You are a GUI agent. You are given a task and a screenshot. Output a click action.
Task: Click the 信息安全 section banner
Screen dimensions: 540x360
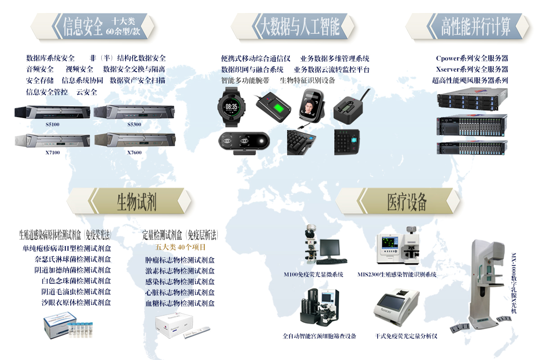tap(93, 26)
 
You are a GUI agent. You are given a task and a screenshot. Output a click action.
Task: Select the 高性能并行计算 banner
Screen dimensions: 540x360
tap(468, 26)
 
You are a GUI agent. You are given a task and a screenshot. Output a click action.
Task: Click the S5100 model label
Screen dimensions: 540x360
tap(53, 124)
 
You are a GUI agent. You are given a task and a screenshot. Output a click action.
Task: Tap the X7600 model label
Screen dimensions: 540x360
tap(134, 153)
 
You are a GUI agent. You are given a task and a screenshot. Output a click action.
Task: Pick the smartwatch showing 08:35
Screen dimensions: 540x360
tap(231, 107)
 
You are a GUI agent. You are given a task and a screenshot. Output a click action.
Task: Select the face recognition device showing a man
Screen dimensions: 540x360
tap(311, 106)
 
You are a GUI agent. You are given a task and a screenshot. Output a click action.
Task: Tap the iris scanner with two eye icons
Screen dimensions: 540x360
tap(244, 143)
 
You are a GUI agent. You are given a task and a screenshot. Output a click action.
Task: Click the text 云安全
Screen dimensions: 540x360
tap(86, 92)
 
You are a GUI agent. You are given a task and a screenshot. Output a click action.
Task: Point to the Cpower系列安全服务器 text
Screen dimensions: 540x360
tap(472, 58)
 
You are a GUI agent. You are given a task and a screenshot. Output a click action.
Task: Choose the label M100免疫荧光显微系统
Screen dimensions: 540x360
tap(313, 274)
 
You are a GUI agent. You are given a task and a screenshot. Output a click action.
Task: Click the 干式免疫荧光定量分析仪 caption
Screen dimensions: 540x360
tap(406, 336)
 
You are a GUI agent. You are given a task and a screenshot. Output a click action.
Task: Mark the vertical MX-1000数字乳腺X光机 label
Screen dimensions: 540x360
tap(514, 283)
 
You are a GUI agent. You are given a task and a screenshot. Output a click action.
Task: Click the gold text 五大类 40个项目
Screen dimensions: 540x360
tap(180, 247)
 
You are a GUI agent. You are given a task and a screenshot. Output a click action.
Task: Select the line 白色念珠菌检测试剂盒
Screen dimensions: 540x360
tap(76, 281)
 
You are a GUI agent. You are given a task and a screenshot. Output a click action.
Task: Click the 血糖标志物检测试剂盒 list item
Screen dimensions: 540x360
tap(180, 303)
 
